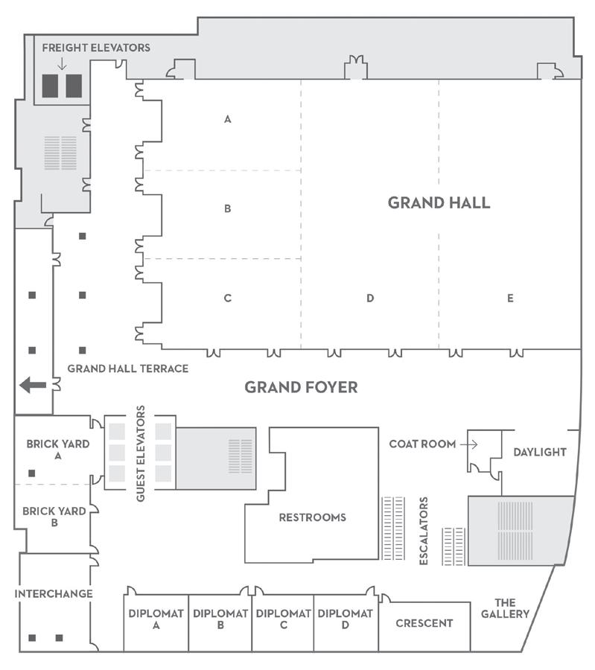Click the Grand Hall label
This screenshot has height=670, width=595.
[x=439, y=202]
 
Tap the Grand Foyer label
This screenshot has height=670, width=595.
[x=302, y=387]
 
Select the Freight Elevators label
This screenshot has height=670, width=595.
[x=96, y=48]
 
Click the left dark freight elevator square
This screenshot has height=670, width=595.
[x=50, y=86]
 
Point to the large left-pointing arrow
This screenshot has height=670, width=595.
[x=33, y=385]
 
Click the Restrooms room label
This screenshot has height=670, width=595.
[x=312, y=517]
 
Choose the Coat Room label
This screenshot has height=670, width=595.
[x=422, y=444]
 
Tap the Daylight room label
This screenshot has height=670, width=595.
[x=540, y=452]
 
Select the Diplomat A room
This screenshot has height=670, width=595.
[x=156, y=619]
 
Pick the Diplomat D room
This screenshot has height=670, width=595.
[x=345, y=619]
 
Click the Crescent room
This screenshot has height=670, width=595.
[x=424, y=623]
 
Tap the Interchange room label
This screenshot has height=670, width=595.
[x=54, y=593]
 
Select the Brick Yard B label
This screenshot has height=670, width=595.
[x=54, y=517]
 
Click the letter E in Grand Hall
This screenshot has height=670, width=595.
[x=510, y=298]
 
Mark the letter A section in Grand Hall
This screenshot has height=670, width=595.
[x=228, y=119]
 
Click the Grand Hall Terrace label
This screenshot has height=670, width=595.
[x=127, y=368]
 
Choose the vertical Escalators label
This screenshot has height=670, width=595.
[x=424, y=531]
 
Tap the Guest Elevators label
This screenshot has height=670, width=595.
[x=141, y=453]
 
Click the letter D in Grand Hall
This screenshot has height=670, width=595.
[x=369, y=298]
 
